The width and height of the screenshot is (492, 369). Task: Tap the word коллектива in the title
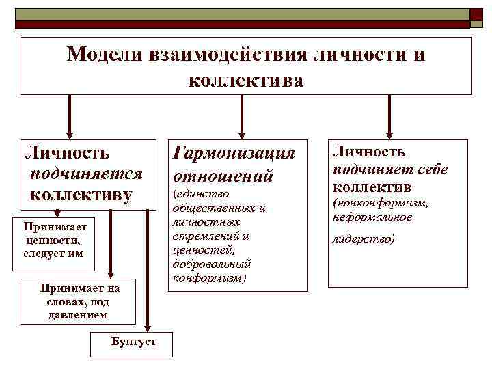click(245, 80)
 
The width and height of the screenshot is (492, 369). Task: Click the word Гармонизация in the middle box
click(235, 153)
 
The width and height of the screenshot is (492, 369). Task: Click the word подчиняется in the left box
click(86, 174)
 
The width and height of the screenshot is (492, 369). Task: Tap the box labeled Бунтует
click(133, 341)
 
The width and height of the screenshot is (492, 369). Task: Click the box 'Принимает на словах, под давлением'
click(79, 301)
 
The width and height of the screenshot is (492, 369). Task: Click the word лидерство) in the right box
click(364, 240)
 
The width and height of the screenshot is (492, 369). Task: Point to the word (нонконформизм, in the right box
click(380, 203)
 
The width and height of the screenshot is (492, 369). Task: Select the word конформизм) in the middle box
click(209, 278)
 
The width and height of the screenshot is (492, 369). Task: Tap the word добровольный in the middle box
click(212, 263)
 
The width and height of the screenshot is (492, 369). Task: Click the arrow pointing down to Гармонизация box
click(240, 116)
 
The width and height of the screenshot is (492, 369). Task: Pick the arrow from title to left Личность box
click(69, 116)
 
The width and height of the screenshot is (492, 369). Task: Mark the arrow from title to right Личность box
click(389, 116)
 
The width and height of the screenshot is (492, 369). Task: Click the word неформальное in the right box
click(372, 217)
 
